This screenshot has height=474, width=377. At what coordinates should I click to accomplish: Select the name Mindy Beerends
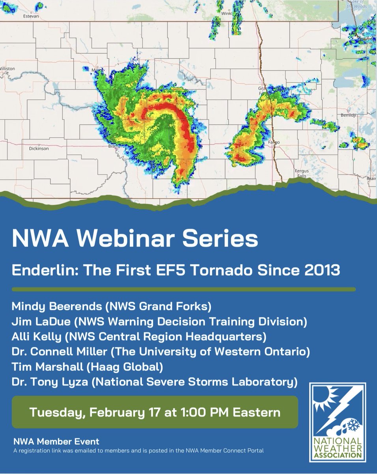(54, 306)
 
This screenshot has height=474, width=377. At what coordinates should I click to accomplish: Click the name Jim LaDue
(42, 322)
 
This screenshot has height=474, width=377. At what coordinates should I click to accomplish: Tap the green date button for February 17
(155, 412)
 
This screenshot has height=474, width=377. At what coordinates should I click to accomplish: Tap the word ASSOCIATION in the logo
(338, 455)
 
